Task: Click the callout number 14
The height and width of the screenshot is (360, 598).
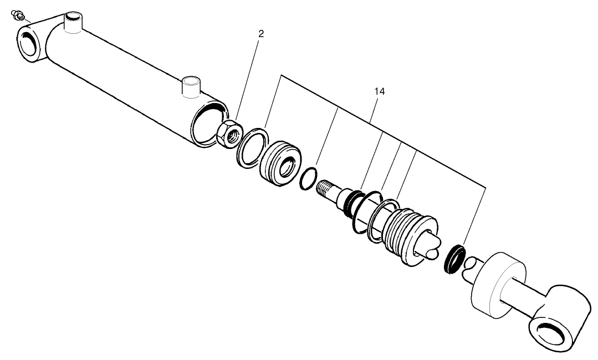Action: coord(379,91)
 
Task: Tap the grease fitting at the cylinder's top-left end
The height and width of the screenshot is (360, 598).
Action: coord(18,15)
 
